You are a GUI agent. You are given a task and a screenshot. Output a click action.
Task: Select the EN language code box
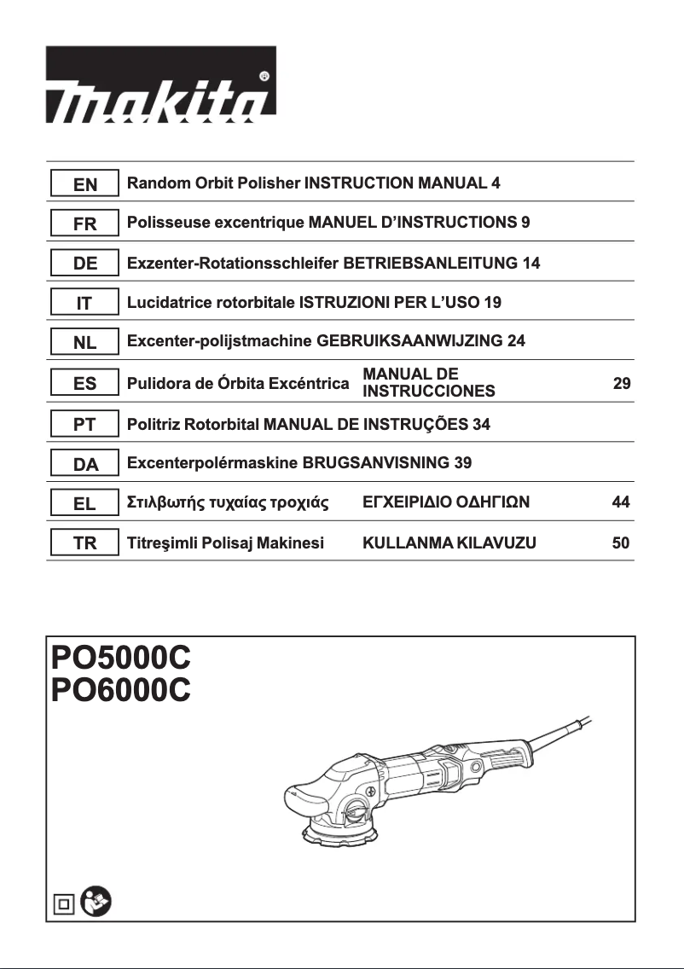84,184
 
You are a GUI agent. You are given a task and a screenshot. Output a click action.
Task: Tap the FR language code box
84,224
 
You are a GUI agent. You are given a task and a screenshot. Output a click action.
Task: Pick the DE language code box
84,264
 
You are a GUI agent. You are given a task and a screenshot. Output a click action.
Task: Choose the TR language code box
84,543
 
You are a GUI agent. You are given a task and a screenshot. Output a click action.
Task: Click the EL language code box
84,504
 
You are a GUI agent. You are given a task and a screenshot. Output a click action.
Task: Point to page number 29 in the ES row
622,384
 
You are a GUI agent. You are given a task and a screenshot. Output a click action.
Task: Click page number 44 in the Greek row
621,503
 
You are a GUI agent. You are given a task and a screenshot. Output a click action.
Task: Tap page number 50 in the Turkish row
621,543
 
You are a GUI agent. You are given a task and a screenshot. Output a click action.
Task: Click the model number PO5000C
120,659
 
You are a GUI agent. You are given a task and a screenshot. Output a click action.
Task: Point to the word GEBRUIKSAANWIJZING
409,341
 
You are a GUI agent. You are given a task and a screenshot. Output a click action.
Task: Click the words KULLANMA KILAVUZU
449,543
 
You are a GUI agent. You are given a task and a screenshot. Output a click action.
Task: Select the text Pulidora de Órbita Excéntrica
237,384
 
